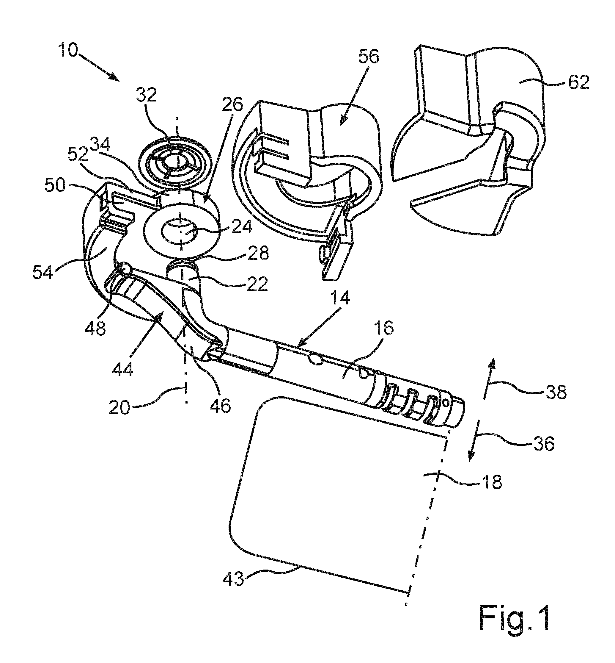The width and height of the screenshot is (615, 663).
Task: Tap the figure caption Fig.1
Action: (x=515, y=622)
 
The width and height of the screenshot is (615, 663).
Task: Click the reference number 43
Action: (x=233, y=580)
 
